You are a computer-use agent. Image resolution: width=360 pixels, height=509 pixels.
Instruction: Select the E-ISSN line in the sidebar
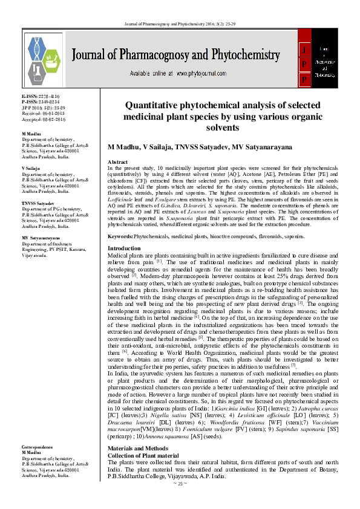(x=41, y=97)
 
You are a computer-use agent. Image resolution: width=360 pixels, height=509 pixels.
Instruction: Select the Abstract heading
(x=117, y=163)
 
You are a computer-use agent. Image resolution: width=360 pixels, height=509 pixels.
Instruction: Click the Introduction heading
(x=123, y=248)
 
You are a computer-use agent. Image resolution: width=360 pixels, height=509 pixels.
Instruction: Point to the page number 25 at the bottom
(x=179, y=500)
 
